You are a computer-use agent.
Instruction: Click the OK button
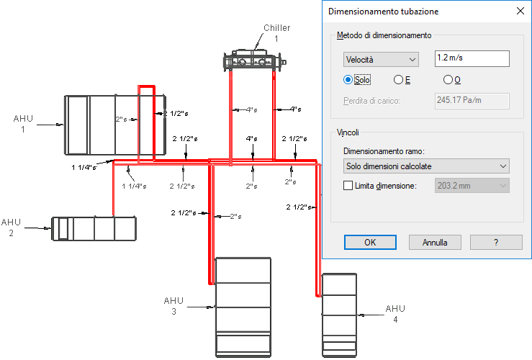point(370,242)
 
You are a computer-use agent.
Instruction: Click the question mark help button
point(496,242)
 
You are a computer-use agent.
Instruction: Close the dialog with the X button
point(520,12)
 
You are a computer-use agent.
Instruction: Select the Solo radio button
point(348,80)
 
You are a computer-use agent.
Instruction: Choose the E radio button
point(398,80)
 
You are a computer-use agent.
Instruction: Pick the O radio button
point(448,80)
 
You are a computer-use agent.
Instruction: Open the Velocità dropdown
point(381,60)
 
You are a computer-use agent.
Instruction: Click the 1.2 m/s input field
point(472,58)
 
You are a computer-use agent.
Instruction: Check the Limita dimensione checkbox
point(348,186)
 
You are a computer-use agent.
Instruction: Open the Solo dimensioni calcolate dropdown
point(426,166)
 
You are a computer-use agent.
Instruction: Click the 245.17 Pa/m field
point(472,101)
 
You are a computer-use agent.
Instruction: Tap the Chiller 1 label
point(277,33)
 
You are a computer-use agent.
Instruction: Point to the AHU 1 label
point(23,124)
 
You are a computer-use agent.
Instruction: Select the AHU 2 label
point(11,228)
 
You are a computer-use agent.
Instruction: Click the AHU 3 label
point(173,306)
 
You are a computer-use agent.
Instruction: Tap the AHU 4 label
point(395,314)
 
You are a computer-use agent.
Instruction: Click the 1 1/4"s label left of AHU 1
point(84,167)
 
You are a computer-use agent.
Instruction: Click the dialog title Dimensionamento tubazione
point(384,12)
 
